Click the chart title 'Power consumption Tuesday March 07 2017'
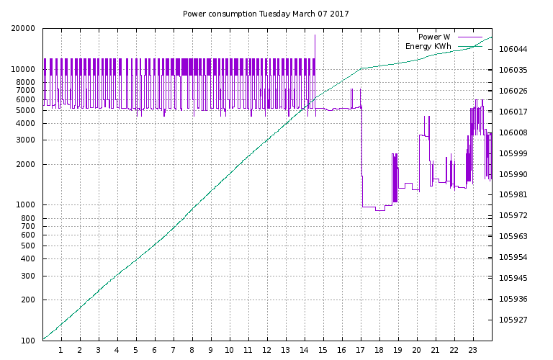click(x=266, y=14)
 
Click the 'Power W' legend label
click(x=434, y=37)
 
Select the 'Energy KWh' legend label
click(x=428, y=47)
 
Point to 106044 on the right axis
click(x=513, y=50)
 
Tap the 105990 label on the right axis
click(x=513, y=174)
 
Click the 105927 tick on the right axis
click(x=513, y=320)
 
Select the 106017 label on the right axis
click(x=513, y=112)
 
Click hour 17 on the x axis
click(x=360, y=351)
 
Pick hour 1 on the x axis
click(x=61, y=351)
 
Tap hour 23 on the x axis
click(x=472, y=351)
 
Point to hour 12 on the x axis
click(x=266, y=351)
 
